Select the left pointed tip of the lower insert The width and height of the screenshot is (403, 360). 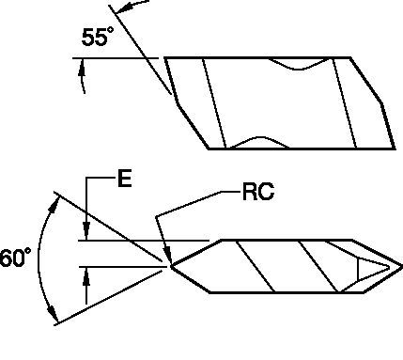tap(172, 267)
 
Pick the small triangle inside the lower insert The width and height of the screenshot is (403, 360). tap(368, 270)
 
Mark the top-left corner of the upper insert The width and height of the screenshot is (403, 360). tap(165, 58)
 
